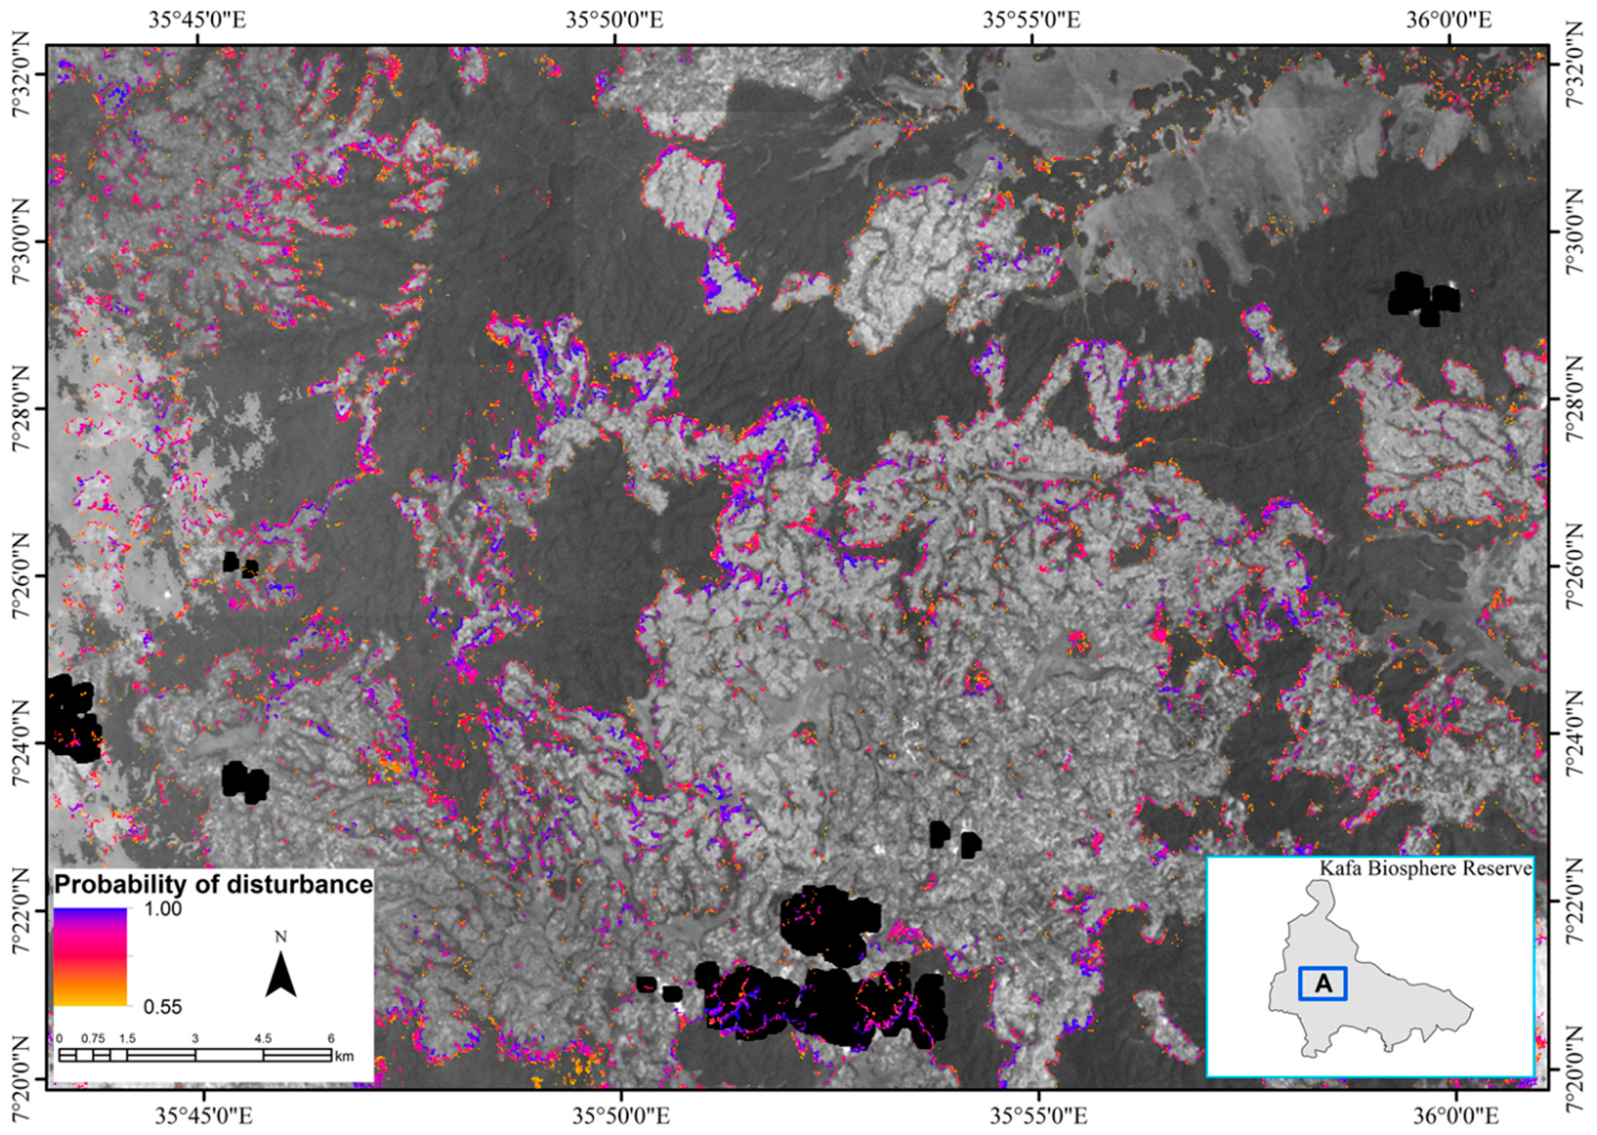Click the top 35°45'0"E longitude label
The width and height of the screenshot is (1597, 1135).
pos(197,20)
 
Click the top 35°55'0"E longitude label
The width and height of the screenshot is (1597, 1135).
pos(1032,20)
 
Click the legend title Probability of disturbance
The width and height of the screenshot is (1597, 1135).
pos(213,885)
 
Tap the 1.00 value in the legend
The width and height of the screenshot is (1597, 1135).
pos(162,908)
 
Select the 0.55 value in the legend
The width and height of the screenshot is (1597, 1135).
pos(162,1007)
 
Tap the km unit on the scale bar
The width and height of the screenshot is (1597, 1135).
pos(344,1057)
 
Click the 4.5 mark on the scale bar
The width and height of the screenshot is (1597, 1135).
pos(263,1038)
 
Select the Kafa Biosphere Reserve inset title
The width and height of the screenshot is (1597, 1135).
pos(1425,869)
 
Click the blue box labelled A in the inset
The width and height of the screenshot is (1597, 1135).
pos(1322,983)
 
